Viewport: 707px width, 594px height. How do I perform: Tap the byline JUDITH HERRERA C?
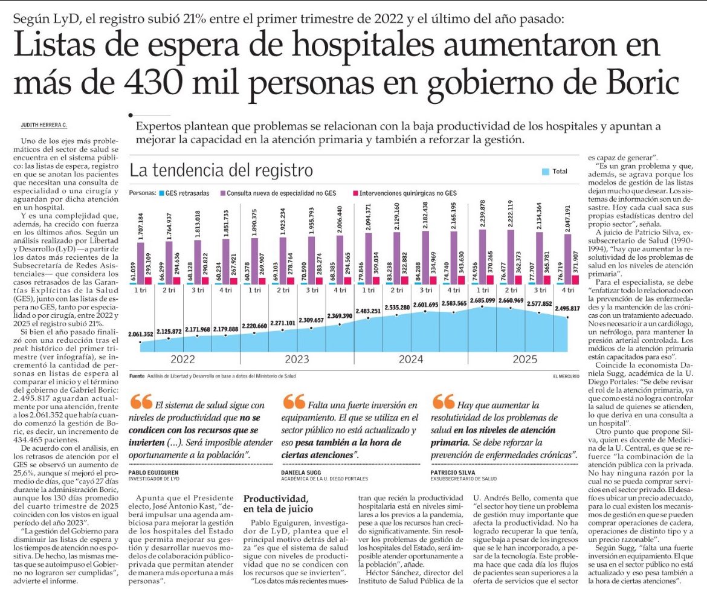(x=44, y=125)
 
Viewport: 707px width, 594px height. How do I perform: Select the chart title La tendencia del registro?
(x=221, y=170)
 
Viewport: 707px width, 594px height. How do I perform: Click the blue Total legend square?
(x=546, y=172)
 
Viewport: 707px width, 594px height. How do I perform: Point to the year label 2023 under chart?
(x=297, y=360)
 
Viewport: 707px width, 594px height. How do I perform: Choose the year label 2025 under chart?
(x=526, y=360)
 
